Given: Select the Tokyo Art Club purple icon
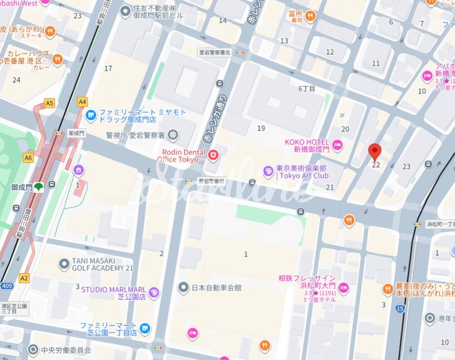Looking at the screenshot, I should (x=268, y=172).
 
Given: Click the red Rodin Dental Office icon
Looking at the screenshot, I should (x=213, y=156).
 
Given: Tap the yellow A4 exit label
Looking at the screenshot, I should (x=82, y=102).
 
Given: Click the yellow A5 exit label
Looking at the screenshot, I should (x=49, y=103).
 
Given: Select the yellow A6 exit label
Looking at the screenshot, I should (x=28, y=158).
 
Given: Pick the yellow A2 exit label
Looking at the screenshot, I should (x=24, y=278).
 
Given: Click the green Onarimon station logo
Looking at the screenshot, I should (x=39, y=187).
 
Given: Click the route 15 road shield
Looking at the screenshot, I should (x=400, y=309).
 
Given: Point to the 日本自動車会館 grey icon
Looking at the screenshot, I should (x=183, y=287).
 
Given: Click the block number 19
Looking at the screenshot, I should (x=261, y=128).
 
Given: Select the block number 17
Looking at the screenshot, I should (x=108, y=69).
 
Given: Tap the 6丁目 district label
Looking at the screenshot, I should (x=307, y=89).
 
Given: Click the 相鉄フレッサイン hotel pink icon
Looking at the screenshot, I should (x=344, y=287).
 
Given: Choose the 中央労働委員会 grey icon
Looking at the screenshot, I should (x=33, y=350).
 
